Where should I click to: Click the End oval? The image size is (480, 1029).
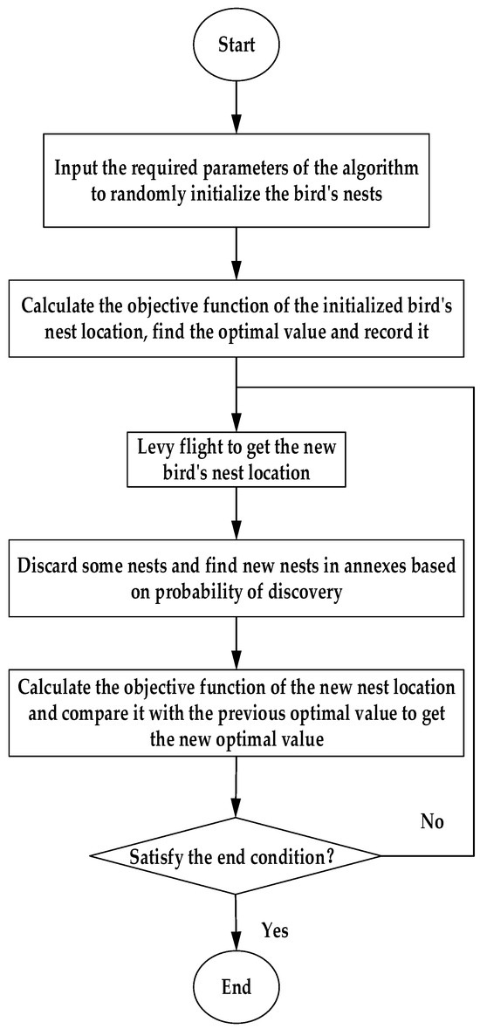coord(237,986)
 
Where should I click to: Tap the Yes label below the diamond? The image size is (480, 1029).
coord(275,931)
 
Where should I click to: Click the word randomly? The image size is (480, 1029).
coord(136,193)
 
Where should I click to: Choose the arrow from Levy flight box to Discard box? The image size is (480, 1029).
coord(237,515)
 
